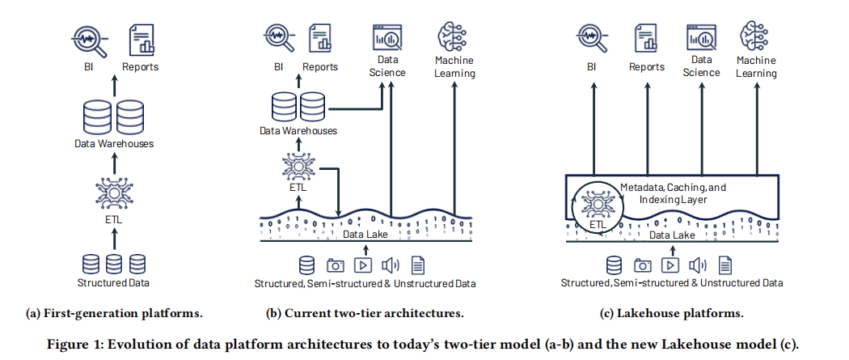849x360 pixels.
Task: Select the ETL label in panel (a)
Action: tap(113, 218)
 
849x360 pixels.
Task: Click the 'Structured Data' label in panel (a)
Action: tap(113, 282)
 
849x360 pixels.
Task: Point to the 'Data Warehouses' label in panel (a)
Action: tap(113, 144)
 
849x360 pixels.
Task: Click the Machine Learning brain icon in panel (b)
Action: tap(453, 37)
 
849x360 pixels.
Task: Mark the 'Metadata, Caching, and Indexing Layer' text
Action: tap(673, 192)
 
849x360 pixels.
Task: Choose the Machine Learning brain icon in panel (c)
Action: tap(756, 37)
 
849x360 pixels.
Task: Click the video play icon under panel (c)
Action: tap(670, 265)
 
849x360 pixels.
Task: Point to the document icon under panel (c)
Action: tap(725, 265)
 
